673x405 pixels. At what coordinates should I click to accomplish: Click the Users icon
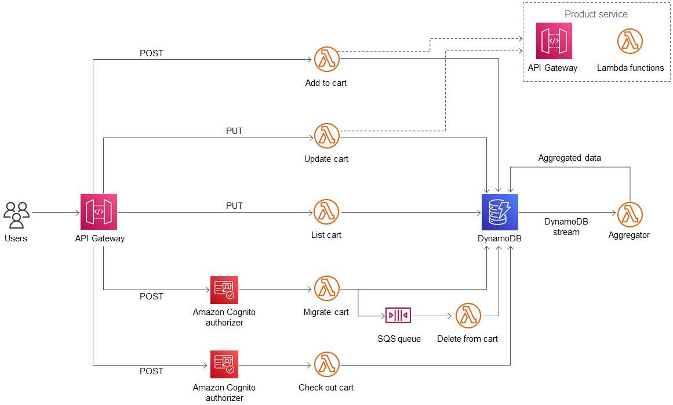16,215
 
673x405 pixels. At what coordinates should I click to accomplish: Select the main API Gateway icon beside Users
99,212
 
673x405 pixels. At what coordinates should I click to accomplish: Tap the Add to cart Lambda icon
326,59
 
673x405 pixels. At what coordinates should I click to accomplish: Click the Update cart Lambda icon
326,136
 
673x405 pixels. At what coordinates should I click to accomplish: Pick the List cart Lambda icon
326,212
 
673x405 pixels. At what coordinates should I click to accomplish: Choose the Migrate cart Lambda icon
326,288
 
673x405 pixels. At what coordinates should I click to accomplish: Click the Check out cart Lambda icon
326,364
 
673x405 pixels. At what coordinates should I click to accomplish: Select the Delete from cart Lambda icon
468,316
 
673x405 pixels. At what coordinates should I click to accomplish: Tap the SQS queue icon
398,316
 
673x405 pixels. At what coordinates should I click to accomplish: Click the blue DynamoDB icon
499,212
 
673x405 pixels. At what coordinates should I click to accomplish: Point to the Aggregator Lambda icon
630,215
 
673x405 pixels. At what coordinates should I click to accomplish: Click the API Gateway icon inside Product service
554,41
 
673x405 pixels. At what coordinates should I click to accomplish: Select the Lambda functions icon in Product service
630,41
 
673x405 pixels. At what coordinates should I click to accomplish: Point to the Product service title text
596,14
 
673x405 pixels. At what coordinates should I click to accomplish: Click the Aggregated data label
569,158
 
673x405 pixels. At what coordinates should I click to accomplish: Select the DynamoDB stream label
562,227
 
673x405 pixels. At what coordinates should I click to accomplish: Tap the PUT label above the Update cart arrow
234,131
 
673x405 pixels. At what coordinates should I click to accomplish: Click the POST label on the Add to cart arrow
151,53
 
